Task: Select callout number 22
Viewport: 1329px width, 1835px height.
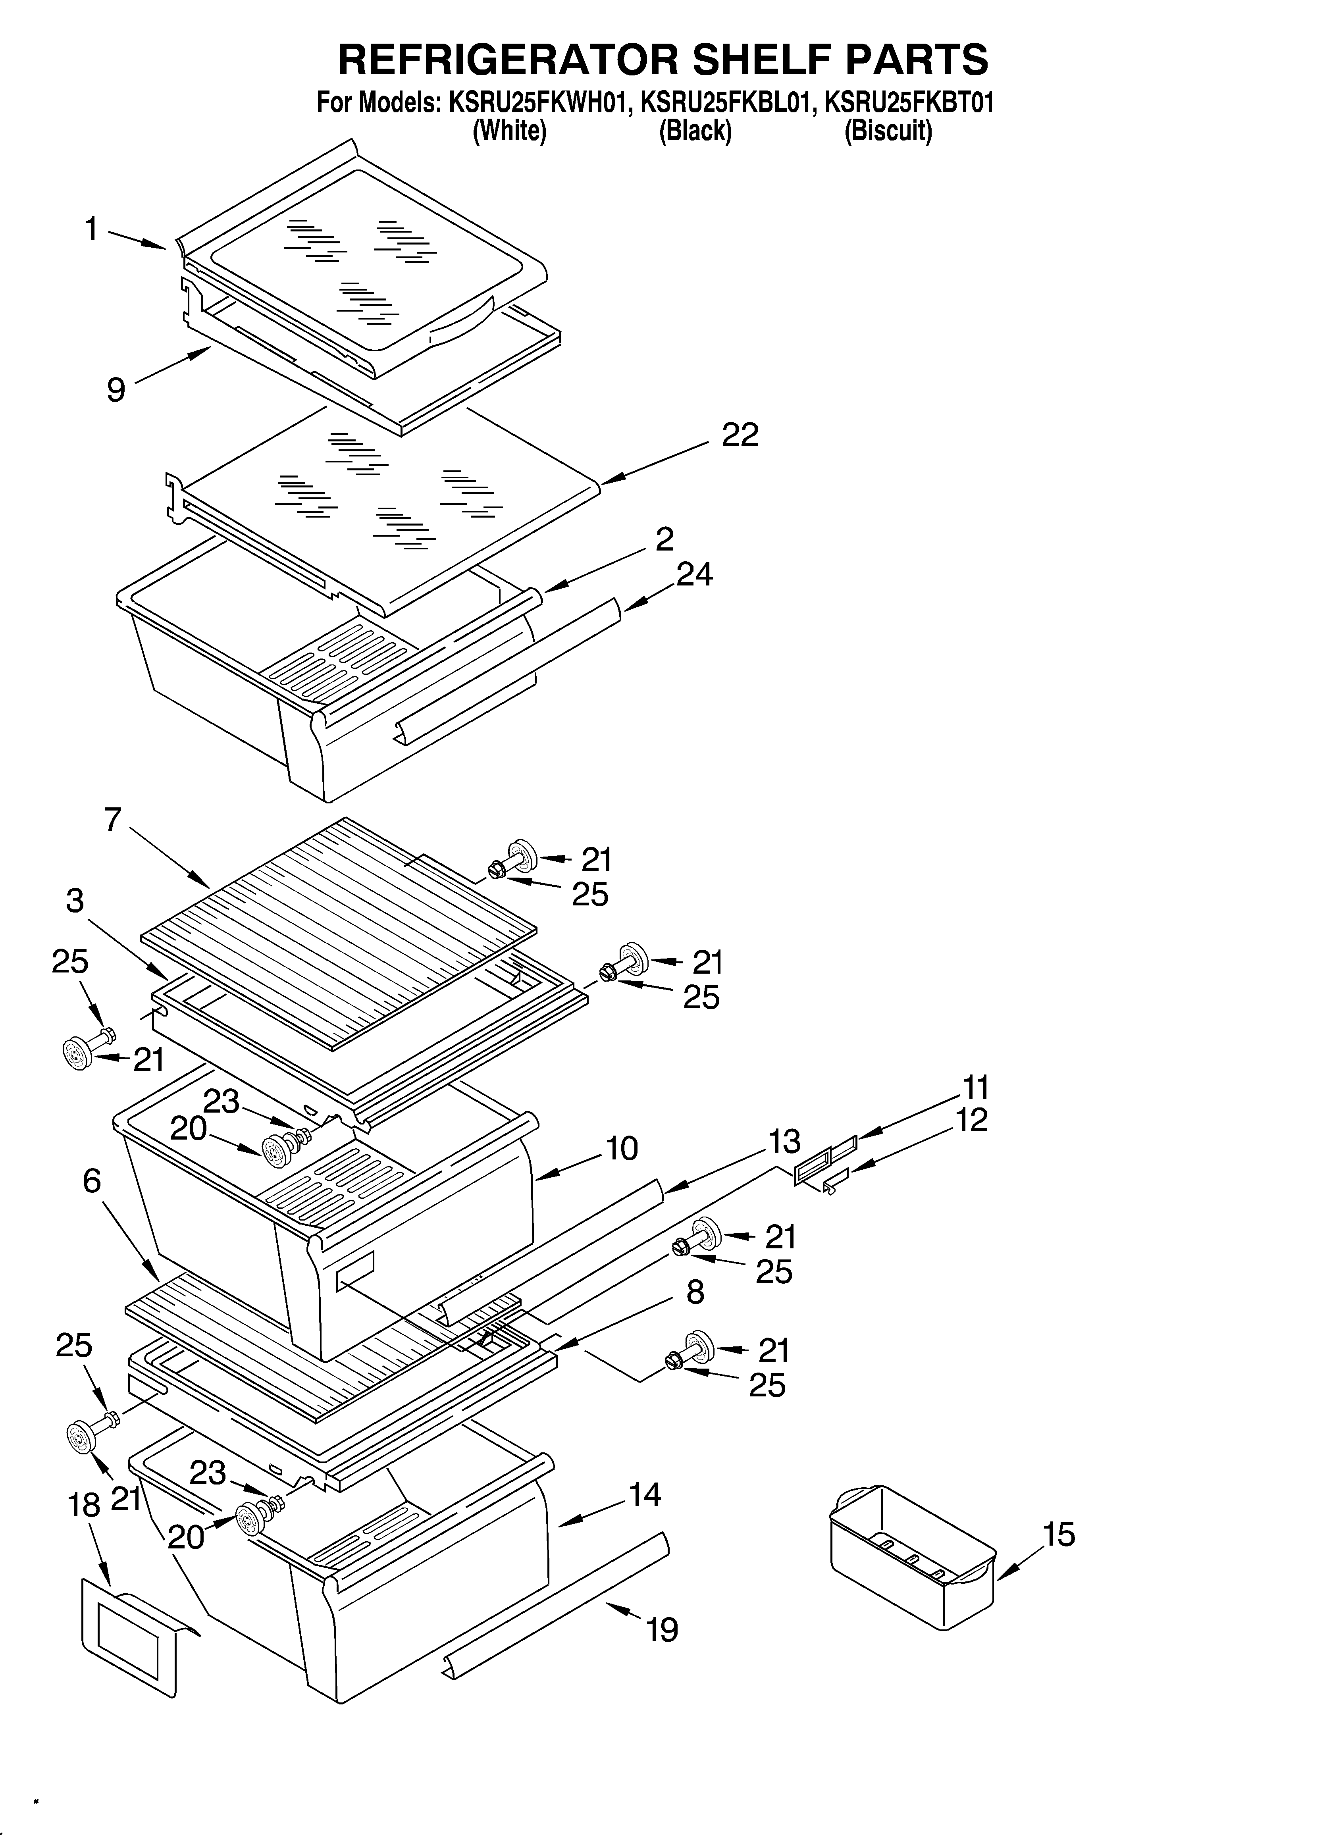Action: (x=740, y=435)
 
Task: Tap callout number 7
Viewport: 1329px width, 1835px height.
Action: (x=112, y=820)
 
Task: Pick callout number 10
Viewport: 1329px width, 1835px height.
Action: (x=622, y=1149)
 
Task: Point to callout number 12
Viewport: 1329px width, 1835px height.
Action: (x=971, y=1121)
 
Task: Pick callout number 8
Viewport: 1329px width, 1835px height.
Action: (x=694, y=1293)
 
